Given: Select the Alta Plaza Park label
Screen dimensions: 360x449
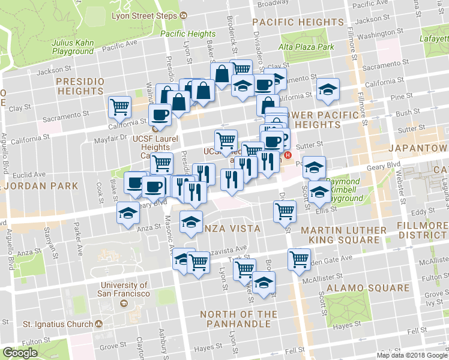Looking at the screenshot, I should pyautogui.click(x=306, y=47).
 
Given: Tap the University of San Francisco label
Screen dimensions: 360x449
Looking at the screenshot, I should pyautogui.click(x=124, y=290).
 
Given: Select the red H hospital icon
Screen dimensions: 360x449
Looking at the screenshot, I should pyautogui.click(x=288, y=155).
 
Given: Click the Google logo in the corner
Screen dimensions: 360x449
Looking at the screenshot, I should pyautogui.click(x=20, y=353).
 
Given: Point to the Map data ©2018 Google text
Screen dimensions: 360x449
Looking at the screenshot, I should pyautogui.click(x=411, y=355).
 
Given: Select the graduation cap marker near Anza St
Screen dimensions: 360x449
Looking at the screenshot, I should pyautogui.click(x=128, y=214).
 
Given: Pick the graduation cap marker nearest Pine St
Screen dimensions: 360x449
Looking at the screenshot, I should pyautogui.click(x=327, y=89).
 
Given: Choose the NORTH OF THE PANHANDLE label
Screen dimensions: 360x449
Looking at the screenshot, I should pyautogui.click(x=235, y=319).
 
